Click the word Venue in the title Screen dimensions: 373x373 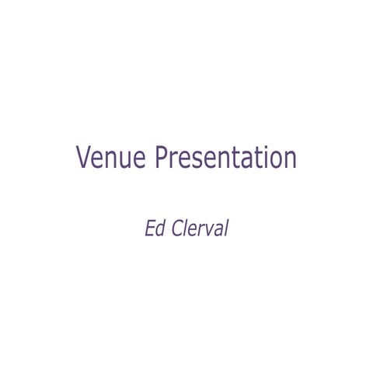coord(111,158)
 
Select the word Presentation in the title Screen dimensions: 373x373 coord(225,158)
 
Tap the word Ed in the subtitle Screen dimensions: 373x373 coord(154,229)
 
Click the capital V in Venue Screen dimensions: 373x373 coord(84,158)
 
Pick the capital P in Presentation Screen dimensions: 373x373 coord(161,158)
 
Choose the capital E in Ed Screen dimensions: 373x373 coord(150,229)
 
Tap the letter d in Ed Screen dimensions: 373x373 coord(159,229)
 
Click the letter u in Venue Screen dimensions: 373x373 coord(124,160)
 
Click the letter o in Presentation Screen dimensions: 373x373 coord(275,160)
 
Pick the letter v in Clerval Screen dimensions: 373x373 coord(206,232)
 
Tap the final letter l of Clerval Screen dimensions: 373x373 coord(225,229)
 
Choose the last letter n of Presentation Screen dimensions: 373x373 coord(290,160)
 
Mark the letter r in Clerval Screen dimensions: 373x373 coord(198,232)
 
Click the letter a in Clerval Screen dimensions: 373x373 coord(216,232)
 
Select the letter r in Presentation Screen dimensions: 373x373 coord(174,160)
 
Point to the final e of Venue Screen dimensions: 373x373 coord(138,160)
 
